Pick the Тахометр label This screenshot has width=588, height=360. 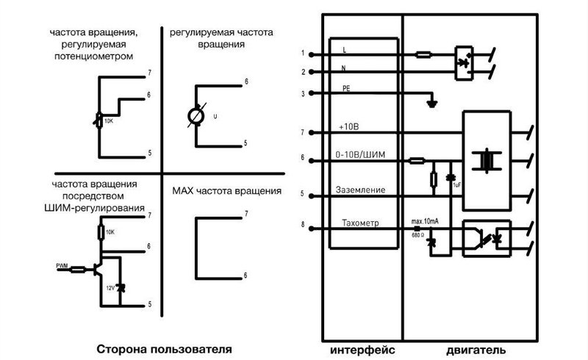[359, 223]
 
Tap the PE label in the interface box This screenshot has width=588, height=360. [346, 88]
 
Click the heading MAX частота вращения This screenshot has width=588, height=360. [226, 191]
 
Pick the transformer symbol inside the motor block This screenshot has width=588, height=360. [485, 160]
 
